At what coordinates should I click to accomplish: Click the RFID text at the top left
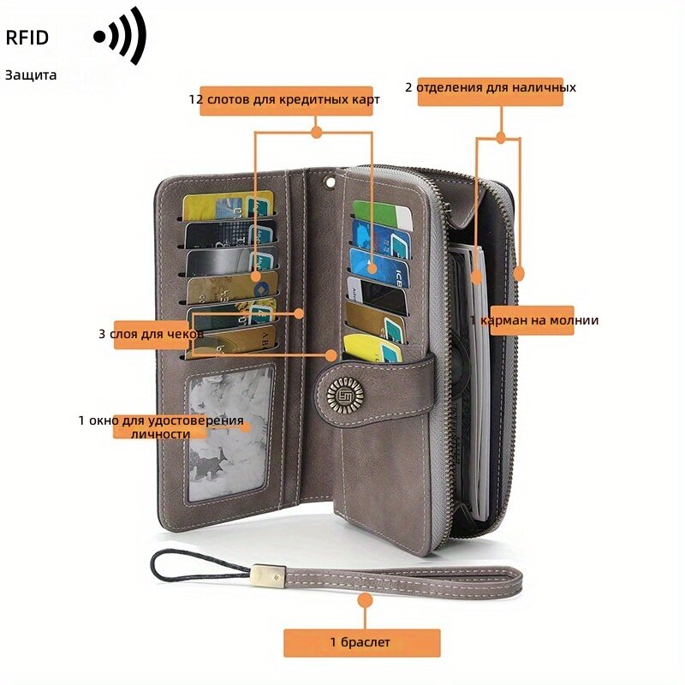point(27,38)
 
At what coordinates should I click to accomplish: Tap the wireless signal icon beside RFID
point(120,36)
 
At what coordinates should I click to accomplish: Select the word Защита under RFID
point(31,75)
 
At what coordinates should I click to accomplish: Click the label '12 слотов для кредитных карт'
point(284,99)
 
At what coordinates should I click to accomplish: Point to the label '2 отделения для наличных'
point(490,87)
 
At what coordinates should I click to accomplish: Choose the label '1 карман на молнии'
point(533,320)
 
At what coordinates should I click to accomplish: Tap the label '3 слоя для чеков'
point(151,334)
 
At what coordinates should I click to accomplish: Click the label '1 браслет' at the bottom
point(360,642)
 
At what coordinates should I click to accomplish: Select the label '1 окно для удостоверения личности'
point(161,426)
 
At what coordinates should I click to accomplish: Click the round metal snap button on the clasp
point(345,396)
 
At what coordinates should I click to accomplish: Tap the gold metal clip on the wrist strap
point(269,575)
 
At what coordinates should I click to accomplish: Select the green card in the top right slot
point(382,215)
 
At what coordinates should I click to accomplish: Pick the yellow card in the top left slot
point(228,205)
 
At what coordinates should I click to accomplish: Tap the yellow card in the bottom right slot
point(372,348)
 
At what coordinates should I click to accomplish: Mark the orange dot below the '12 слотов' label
point(316,132)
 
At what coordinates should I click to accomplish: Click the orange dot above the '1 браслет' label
point(365,600)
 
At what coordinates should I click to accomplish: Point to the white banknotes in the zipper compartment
point(479,384)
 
